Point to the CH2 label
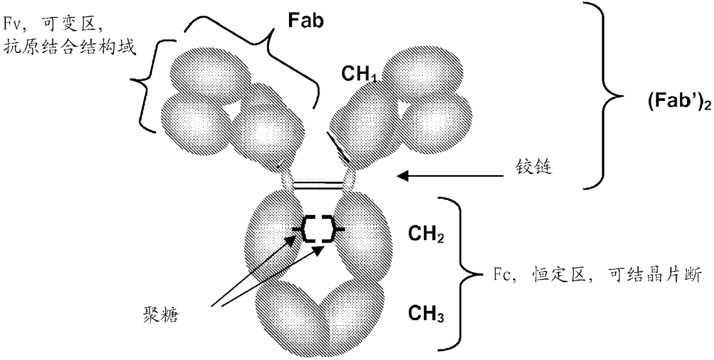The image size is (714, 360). tap(425, 237)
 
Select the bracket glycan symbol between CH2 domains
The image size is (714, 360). tap(318, 230)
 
